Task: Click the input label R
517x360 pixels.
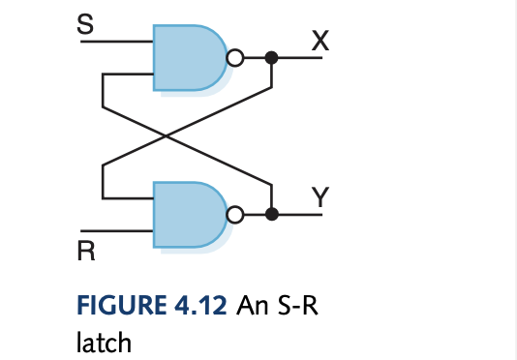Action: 86,254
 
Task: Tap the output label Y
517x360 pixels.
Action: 320,195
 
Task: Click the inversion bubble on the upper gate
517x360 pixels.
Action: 232,58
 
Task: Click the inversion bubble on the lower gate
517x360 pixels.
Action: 232,215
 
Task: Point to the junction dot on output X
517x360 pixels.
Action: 272,58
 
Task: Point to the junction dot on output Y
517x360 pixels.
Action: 272,215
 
